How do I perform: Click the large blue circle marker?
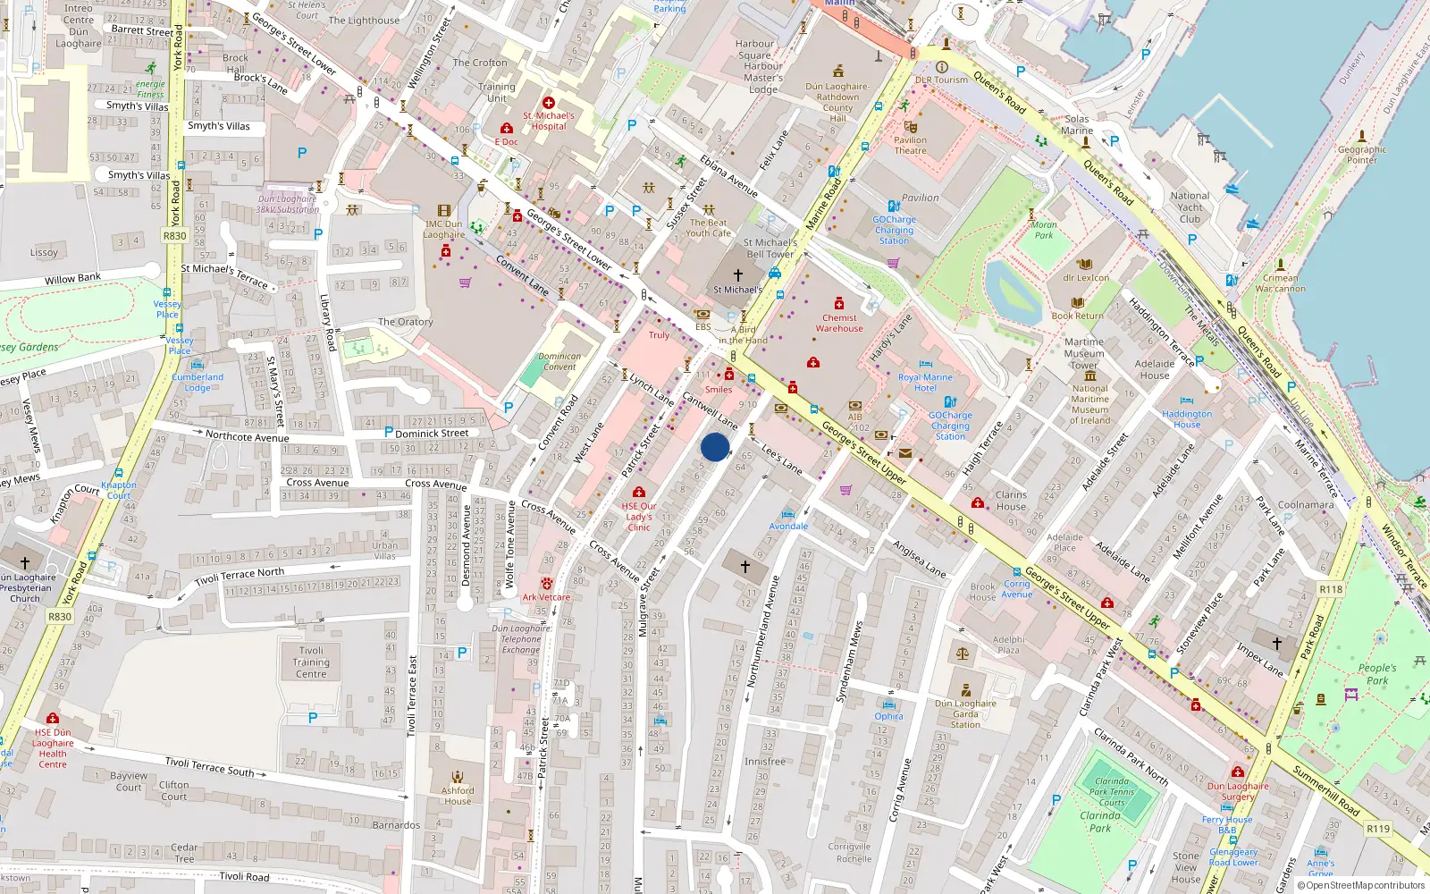[x=715, y=447]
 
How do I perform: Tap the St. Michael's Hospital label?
[x=549, y=121]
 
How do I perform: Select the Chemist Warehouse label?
[x=839, y=323]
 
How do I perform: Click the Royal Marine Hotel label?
[x=925, y=383]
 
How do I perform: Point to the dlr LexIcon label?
[x=1086, y=277]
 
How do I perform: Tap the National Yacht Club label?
[x=1190, y=207]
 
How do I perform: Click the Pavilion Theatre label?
[x=910, y=145]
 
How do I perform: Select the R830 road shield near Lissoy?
[x=174, y=236]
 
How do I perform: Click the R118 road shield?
[x=1331, y=589]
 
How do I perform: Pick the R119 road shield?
[x=1378, y=829]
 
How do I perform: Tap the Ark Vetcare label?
[x=546, y=597]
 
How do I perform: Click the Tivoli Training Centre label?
[x=311, y=662]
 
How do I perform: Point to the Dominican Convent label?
[x=559, y=361]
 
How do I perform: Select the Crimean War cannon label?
[x=1280, y=283]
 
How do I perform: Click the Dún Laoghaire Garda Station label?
[x=965, y=713]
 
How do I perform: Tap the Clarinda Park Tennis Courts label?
[x=1112, y=791]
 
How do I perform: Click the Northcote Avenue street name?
[x=247, y=436]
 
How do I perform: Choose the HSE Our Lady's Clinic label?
[x=639, y=517]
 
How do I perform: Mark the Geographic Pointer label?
[x=1362, y=155]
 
